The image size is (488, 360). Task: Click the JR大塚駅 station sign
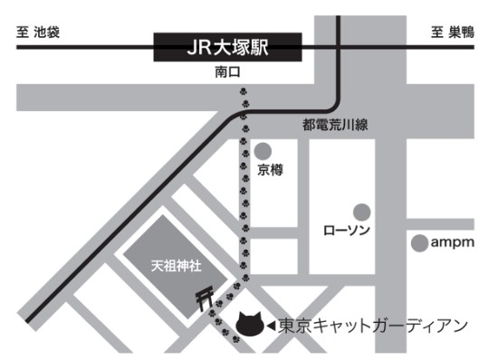click(228, 46)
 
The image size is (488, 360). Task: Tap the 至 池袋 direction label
click(37, 33)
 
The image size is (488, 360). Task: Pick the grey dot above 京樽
click(263, 150)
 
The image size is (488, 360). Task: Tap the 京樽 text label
click(271, 169)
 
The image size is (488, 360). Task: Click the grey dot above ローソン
click(361, 211)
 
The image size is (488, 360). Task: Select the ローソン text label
click(348, 231)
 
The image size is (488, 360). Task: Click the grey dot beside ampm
click(419, 243)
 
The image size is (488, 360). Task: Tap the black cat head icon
click(249, 323)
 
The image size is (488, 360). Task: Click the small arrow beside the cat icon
click(270, 324)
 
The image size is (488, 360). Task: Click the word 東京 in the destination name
click(293, 324)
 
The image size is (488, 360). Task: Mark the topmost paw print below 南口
click(243, 92)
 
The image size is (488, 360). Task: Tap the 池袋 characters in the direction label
click(46, 33)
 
